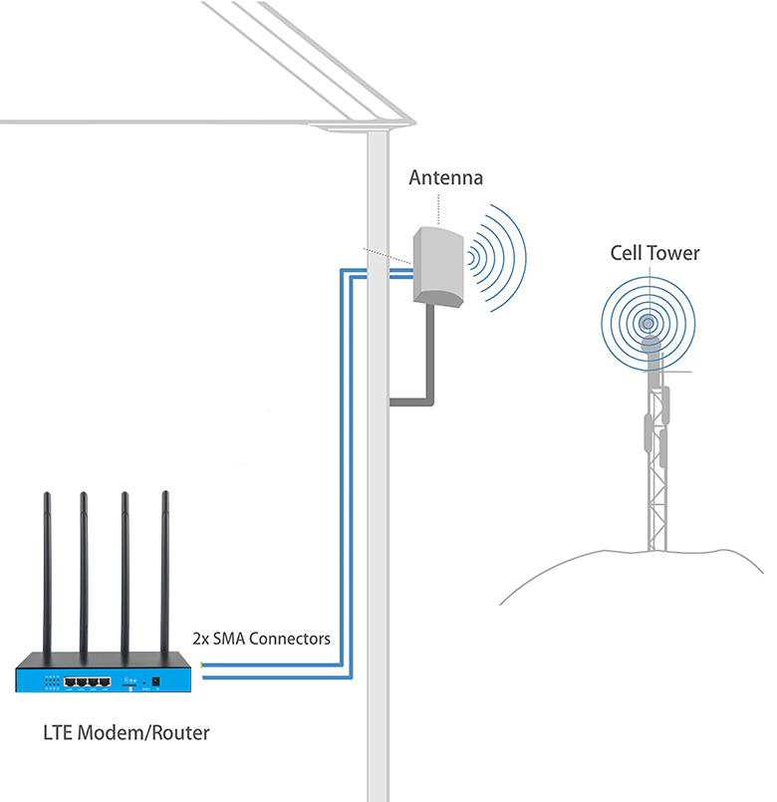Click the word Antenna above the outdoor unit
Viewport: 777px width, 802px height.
click(445, 178)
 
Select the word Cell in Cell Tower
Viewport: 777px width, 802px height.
click(627, 253)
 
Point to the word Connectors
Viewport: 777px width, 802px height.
click(290, 638)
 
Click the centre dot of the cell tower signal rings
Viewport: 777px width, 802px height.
click(648, 323)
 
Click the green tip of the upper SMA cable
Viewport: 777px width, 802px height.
click(201, 665)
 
